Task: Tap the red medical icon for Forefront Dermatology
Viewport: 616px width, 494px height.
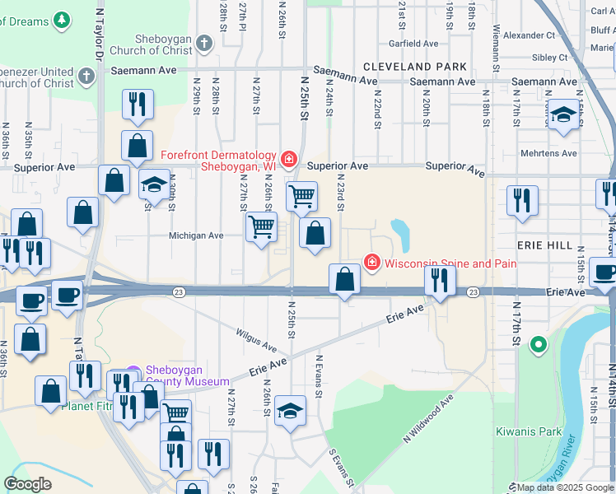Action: coord(288,158)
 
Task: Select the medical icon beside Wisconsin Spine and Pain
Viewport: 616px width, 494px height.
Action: coord(372,263)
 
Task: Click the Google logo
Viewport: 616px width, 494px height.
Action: coord(27,483)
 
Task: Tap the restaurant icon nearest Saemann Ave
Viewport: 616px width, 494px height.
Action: coord(138,105)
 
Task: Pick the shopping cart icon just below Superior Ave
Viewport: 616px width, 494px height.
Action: coord(302,196)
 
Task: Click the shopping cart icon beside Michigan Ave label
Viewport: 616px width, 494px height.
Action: coord(261,226)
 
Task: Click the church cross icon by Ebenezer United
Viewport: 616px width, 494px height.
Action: coord(86,78)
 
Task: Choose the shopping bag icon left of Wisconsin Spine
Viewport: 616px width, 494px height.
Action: coord(344,278)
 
